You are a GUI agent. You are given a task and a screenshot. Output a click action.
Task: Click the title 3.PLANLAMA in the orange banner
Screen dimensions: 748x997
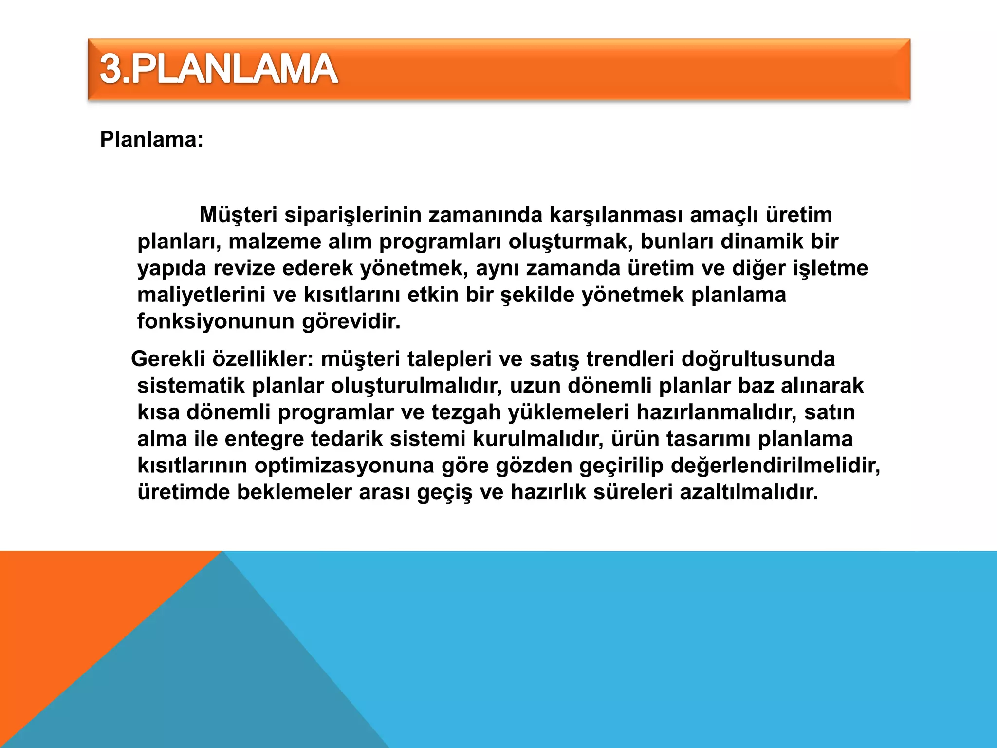click(219, 69)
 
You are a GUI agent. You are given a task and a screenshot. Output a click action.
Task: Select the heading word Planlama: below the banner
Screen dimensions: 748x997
click(151, 140)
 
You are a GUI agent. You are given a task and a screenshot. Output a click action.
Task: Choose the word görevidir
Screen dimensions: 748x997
click(351, 322)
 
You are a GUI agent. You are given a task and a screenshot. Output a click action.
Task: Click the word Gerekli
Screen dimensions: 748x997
click(168, 359)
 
